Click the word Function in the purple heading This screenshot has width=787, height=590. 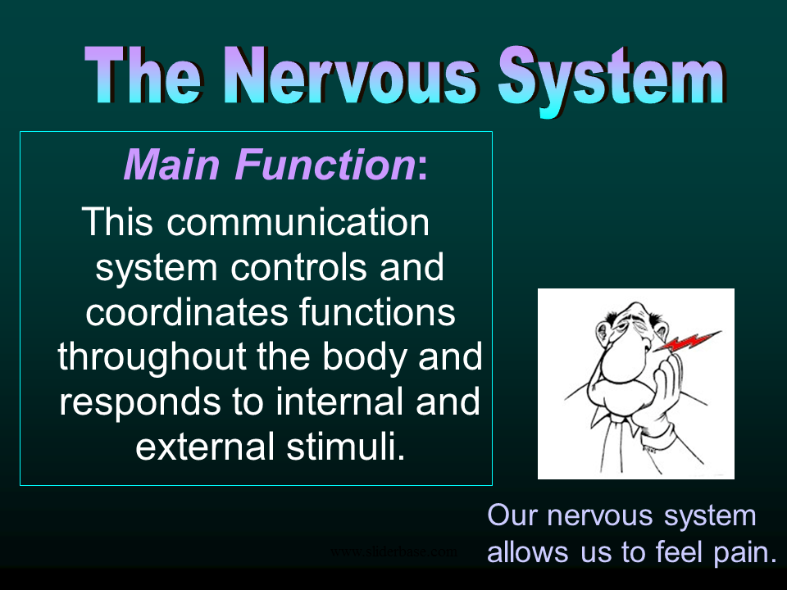pos(325,164)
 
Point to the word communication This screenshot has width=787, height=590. pos(298,222)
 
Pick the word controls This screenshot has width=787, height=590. pos(298,267)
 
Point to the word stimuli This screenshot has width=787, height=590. pos(345,447)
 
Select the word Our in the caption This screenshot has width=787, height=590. pos(512,515)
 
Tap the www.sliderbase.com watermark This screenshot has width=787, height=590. pos(394,551)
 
